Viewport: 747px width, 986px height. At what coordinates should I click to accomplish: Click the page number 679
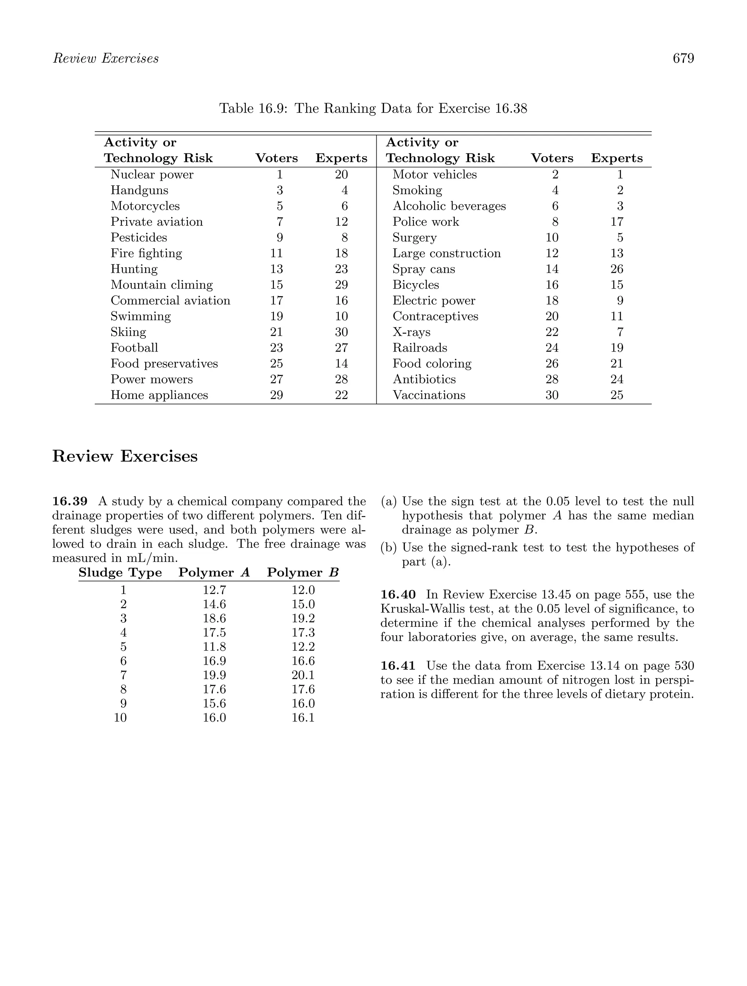pos(683,58)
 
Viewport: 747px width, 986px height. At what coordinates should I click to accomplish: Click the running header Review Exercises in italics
pos(106,58)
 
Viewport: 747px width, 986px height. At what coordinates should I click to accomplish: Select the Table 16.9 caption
pos(373,108)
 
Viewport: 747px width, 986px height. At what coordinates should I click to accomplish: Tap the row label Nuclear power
pos(152,175)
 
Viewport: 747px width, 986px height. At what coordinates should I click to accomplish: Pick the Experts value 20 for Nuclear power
pos(341,175)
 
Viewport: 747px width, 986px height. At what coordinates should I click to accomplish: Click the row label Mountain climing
pos(162,285)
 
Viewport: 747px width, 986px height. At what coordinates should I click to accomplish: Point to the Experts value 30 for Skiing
pos(341,332)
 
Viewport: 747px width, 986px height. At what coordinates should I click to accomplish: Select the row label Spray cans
pos(423,269)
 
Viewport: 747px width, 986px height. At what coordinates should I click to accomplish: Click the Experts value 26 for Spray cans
pos(617,269)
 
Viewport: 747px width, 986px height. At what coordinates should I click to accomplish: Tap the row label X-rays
pos(411,332)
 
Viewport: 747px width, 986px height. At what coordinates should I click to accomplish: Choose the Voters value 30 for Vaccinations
pos(552,395)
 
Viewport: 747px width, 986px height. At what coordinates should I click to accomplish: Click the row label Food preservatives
pos(164,364)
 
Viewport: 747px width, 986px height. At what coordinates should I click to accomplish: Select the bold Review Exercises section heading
pos(125,457)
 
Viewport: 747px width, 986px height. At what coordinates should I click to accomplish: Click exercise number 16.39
pos(70,501)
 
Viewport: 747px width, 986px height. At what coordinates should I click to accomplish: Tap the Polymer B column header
pos(303,573)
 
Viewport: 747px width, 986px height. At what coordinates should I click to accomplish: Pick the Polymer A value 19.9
pos(214,675)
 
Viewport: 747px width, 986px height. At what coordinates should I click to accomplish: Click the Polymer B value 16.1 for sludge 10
pos(303,718)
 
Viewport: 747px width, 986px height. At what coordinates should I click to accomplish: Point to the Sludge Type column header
pos(120,573)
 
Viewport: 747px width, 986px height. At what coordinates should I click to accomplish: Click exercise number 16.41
pos(398,666)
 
